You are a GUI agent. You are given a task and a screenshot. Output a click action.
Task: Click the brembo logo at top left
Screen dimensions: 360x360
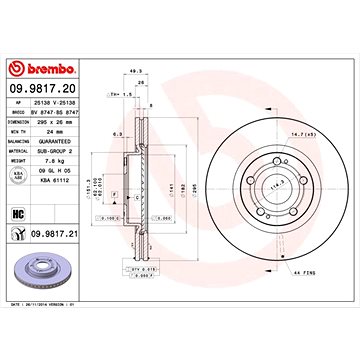click(x=49, y=67)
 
